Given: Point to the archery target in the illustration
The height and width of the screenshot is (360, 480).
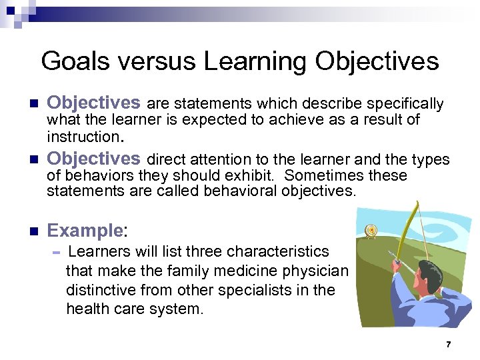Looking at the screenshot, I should click(371, 231).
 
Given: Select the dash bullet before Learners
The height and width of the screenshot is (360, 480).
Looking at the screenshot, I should click(57, 253).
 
